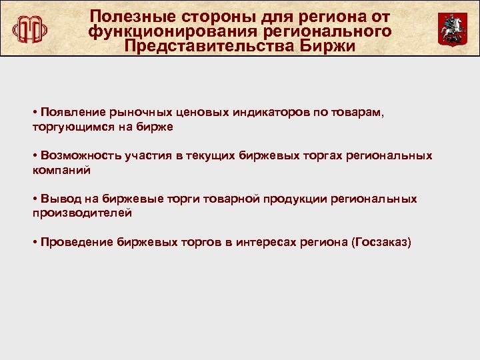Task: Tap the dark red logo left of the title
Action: click(30, 29)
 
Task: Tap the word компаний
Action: click(61, 169)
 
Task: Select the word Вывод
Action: click(57, 199)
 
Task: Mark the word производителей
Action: click(82, 213)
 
